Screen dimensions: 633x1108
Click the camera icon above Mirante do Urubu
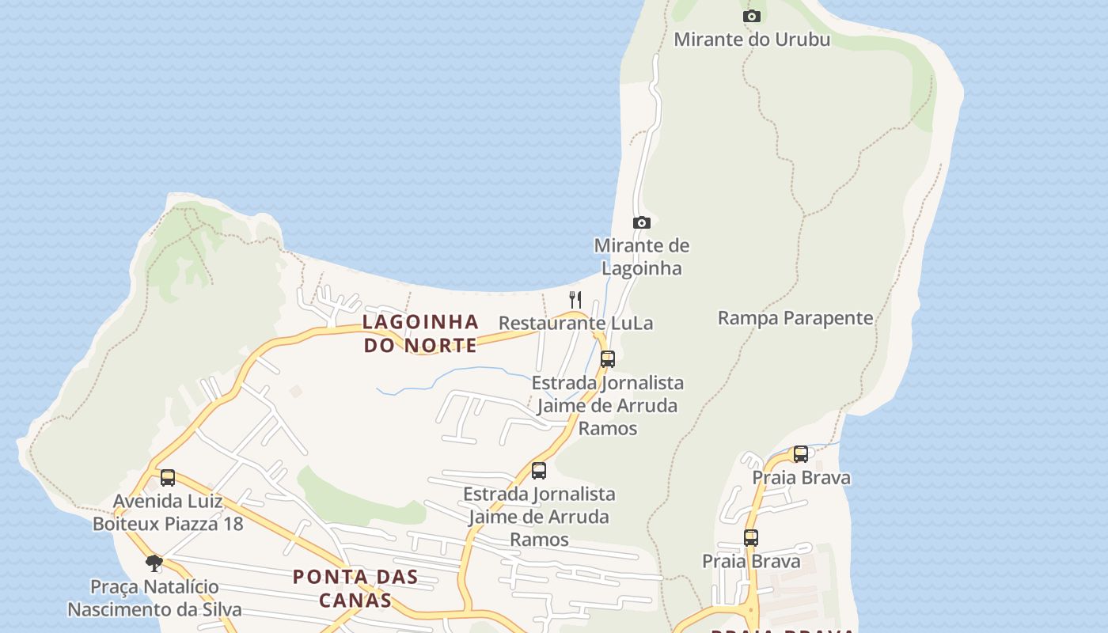point(752,16)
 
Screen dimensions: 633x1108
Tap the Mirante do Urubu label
point(752,39)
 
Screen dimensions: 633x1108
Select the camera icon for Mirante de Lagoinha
point(642,223)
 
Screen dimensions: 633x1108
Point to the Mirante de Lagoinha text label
point(641,256)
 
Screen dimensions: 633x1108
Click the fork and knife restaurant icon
point(575,299)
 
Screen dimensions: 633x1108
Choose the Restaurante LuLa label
point(575,323)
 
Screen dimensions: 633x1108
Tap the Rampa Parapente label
point(795,318)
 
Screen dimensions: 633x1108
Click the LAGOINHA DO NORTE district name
point(420,333)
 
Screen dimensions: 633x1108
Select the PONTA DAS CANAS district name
point(355,588)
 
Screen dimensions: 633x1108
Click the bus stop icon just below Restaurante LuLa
point(608,358)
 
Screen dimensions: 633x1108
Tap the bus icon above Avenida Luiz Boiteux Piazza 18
point(168,477)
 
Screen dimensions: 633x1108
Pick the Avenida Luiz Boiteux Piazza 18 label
point(168,512)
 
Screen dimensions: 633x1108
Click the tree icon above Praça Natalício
point(154,563)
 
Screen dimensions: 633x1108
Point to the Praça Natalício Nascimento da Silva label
point(154,598)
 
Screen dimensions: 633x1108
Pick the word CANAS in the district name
point(355,600)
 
